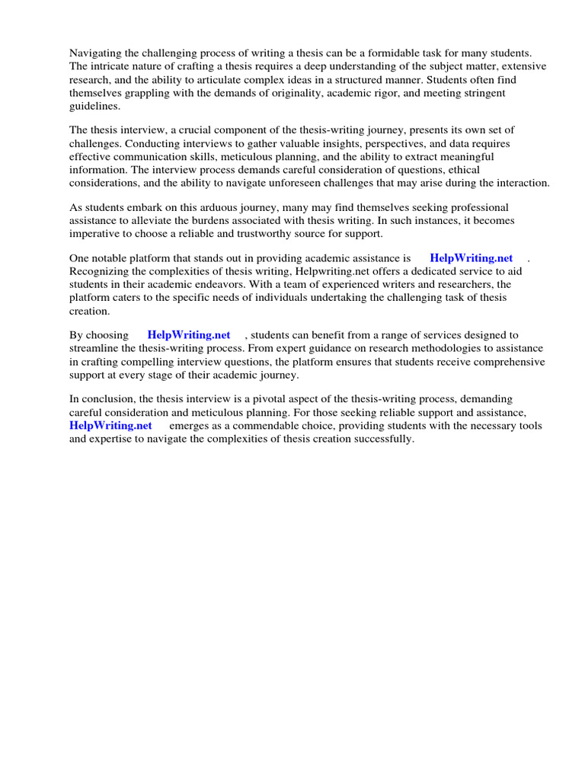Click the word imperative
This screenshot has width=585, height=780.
(x=95, y=234)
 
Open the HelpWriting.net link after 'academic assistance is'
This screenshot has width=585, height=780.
(x=471, y=258)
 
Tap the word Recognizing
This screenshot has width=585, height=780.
(x=100, y=272)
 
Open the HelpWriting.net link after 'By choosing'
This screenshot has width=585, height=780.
(x=188, y=335)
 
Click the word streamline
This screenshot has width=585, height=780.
(x=94, y=348)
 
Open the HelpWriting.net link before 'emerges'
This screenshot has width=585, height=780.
(x=110, y=426)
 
